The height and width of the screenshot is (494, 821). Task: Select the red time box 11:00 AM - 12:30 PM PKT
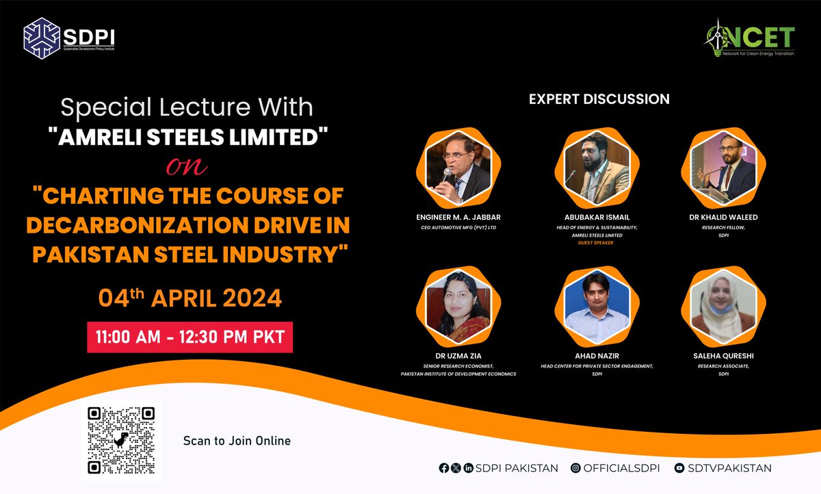tap(190, 337)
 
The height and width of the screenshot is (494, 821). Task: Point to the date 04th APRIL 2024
tap(190, 299)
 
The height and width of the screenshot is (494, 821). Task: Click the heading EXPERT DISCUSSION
tap(599, 99)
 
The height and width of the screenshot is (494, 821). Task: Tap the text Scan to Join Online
tap(237, 441)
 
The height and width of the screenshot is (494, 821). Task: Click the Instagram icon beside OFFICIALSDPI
tap(576, 468)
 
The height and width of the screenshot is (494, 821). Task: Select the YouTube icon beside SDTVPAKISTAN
tap(679, 468)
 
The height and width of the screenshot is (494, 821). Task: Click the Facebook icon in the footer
tap(445, 468)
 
